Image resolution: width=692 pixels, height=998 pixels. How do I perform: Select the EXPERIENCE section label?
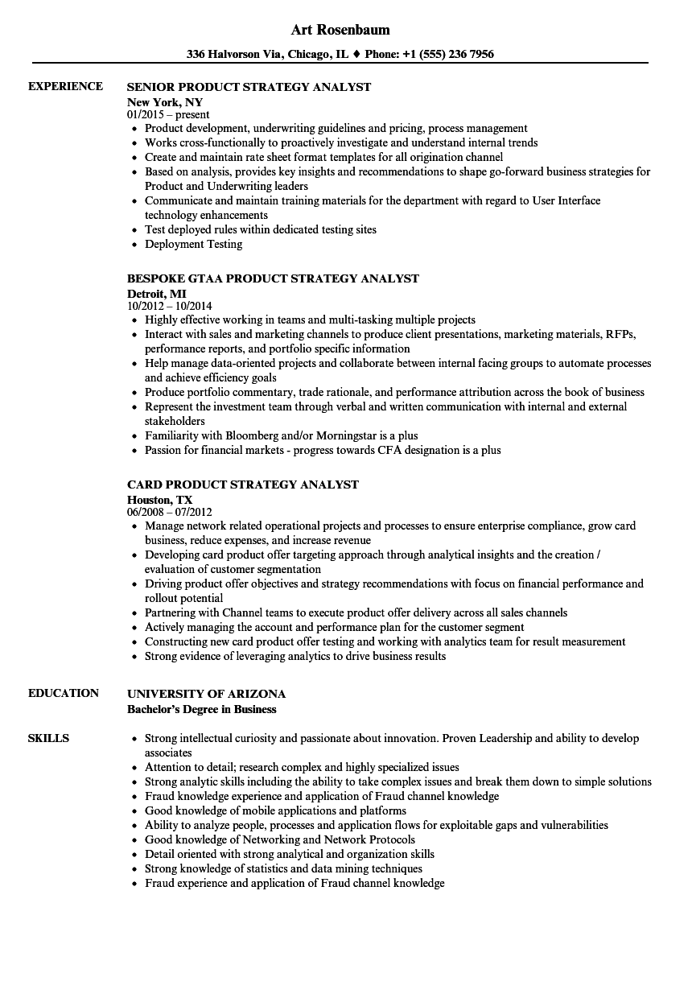(x=65, y=86)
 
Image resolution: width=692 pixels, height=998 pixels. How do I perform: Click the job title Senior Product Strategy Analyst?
(x=249, y=87)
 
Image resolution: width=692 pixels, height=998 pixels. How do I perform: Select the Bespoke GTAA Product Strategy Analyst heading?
(x=273, y=278)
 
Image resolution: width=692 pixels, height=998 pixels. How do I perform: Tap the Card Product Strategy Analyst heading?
(x=243, y=485)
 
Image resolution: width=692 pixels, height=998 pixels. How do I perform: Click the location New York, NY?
(x=165, y=102)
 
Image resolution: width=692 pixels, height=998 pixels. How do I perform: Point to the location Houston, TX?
(x=160, y=500)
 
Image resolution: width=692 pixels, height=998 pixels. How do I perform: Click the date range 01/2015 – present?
(x=168, y=114)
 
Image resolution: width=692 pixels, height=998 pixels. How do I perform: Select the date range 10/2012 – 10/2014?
(x=169, y=306)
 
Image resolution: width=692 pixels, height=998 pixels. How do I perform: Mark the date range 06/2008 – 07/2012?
(x=169, y=512)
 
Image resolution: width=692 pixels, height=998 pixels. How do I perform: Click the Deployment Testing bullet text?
(x=193, y=244)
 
